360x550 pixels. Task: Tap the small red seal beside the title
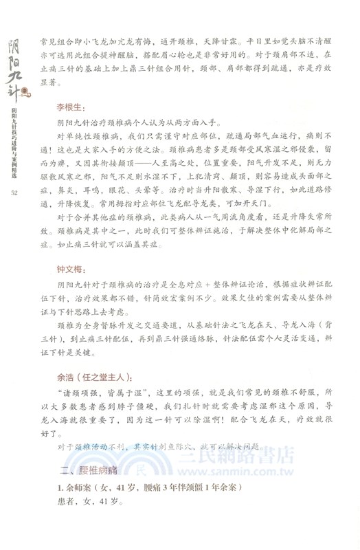(x=26, y=90)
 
